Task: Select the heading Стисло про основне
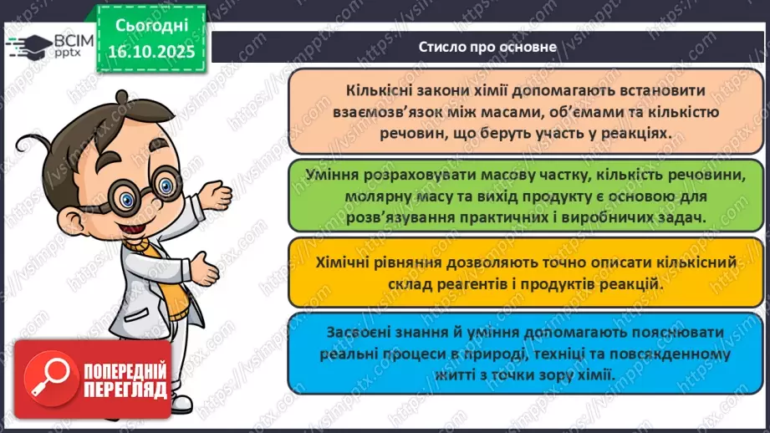(x=488, y=47)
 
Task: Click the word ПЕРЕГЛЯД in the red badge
(x=123, y=403)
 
